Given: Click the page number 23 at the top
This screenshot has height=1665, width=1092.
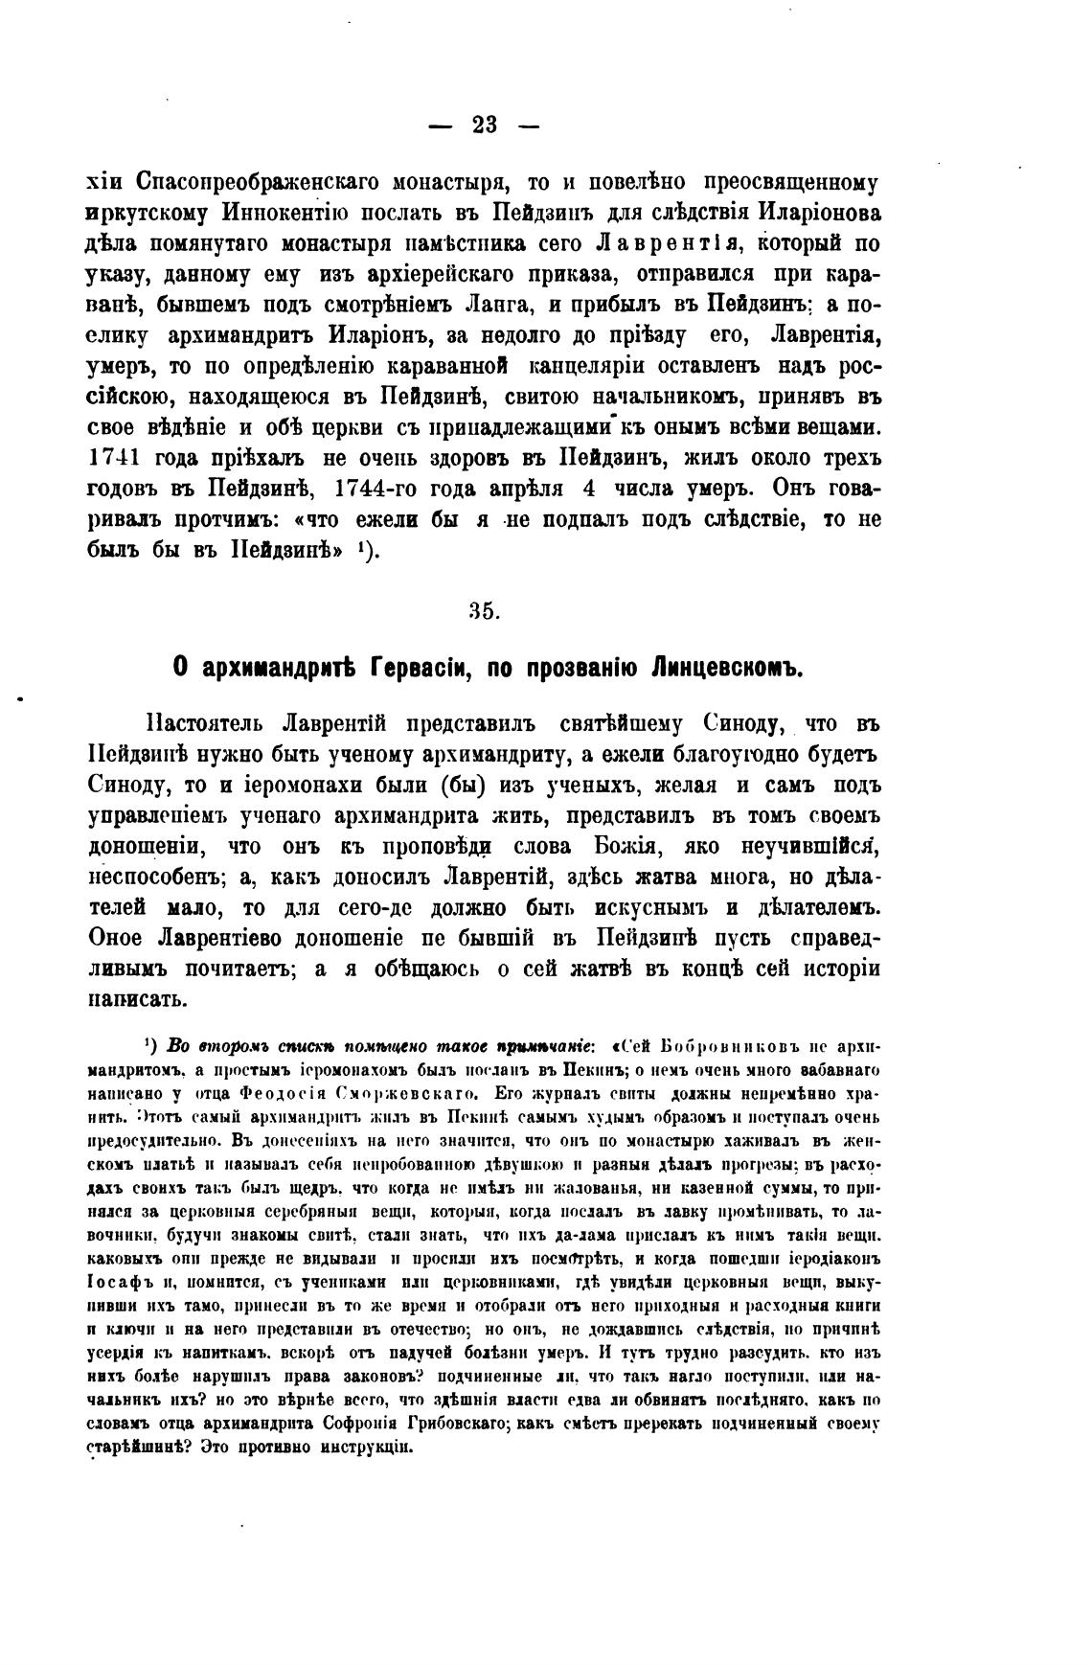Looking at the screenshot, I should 484,125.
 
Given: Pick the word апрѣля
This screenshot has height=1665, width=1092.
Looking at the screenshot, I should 516,487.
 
